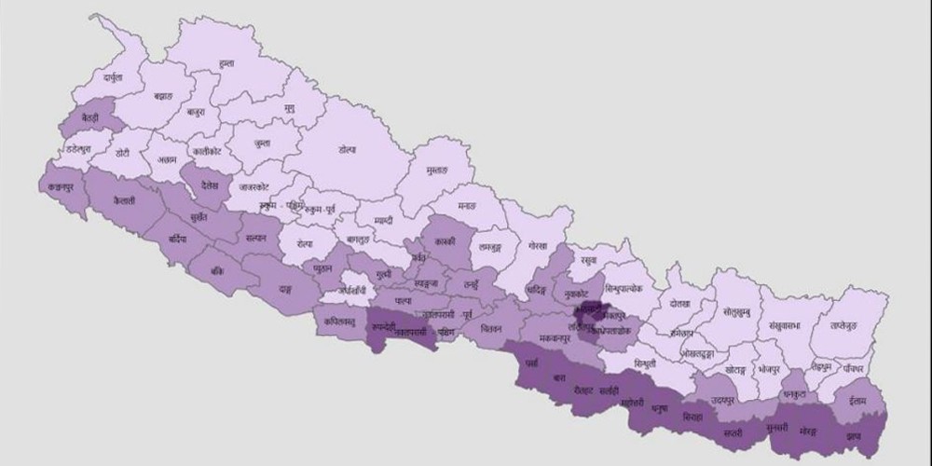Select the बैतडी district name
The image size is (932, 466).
pos(90,119)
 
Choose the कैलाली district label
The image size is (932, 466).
pos(121,201)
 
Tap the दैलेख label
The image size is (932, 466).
pos(208,185)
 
